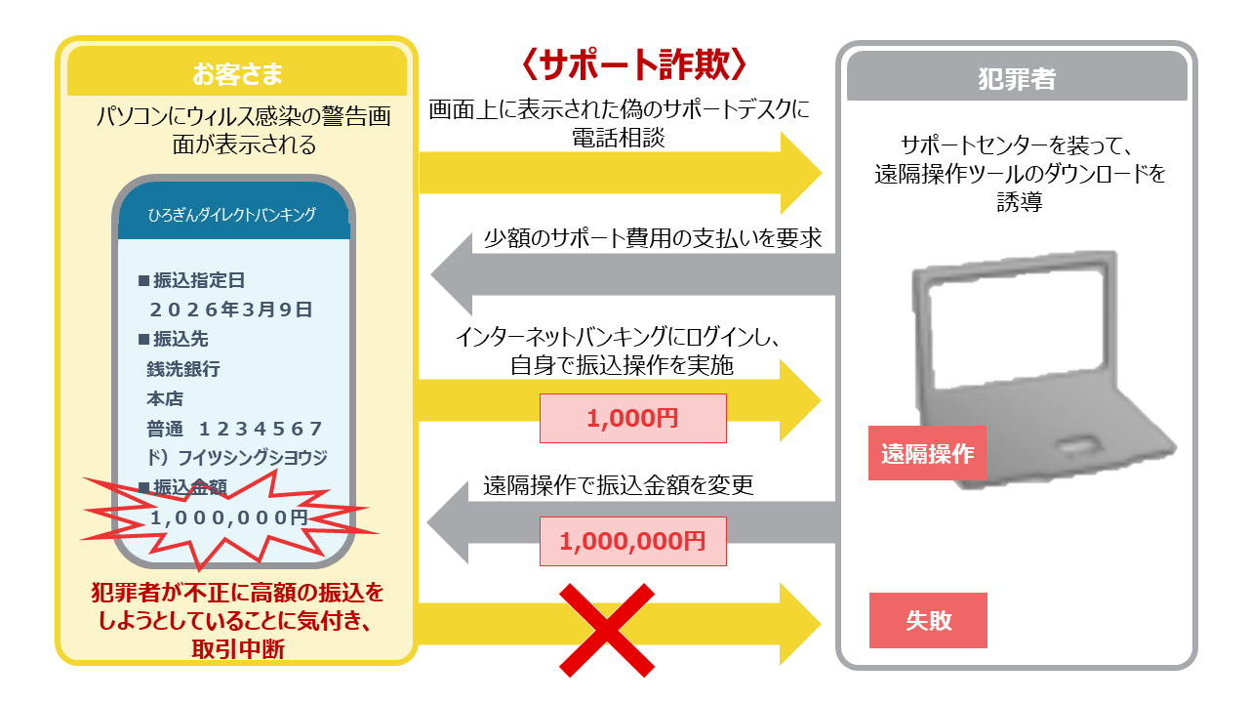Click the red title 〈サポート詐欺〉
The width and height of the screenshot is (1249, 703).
[x=634, y=64]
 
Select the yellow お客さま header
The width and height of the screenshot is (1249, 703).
[x=236, y=73]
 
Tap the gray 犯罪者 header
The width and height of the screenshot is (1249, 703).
[x=1017, y=79]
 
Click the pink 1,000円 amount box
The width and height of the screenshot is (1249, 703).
[x=632, y=419]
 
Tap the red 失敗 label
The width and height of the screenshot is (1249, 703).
[x=928, y=620]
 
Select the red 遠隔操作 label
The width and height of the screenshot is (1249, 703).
[x=927, y=453]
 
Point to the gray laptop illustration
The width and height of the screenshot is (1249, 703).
[x=1034, y=351]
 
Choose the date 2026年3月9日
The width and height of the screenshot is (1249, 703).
[x=231, y=310]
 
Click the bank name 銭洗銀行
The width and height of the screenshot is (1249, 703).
[x=183, y=369]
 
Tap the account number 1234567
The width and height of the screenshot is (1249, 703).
[x=261, y=429]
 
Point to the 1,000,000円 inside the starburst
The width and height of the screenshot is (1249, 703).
[x=229, y=517]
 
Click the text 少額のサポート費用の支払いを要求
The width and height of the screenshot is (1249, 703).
[x=653, y=239]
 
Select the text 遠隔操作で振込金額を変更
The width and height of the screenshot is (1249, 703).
[x=619, y=485]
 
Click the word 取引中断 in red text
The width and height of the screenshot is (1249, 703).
[x=237, y=647]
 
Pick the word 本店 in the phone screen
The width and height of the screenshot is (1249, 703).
[x=165, y=398]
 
